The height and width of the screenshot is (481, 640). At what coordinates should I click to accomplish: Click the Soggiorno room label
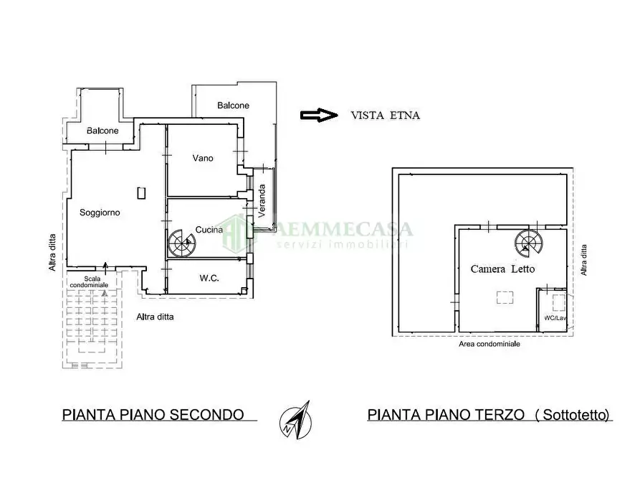100,213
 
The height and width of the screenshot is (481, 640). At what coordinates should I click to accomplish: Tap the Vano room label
204,158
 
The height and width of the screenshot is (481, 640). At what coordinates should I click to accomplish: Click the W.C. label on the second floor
209,279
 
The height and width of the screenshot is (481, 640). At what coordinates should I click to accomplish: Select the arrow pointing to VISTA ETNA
318,115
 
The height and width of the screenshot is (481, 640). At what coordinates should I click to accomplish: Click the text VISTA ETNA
386,115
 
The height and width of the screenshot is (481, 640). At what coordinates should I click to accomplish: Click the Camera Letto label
502,269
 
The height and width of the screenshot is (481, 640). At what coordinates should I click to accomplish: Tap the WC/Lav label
554,317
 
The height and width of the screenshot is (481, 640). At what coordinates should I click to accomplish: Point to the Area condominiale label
489,344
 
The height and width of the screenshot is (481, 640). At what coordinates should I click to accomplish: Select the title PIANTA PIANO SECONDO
153,414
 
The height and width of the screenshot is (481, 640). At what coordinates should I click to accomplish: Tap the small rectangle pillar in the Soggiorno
142,192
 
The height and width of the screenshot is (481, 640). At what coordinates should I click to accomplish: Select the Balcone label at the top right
233,106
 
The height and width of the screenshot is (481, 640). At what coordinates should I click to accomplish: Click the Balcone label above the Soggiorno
102,131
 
